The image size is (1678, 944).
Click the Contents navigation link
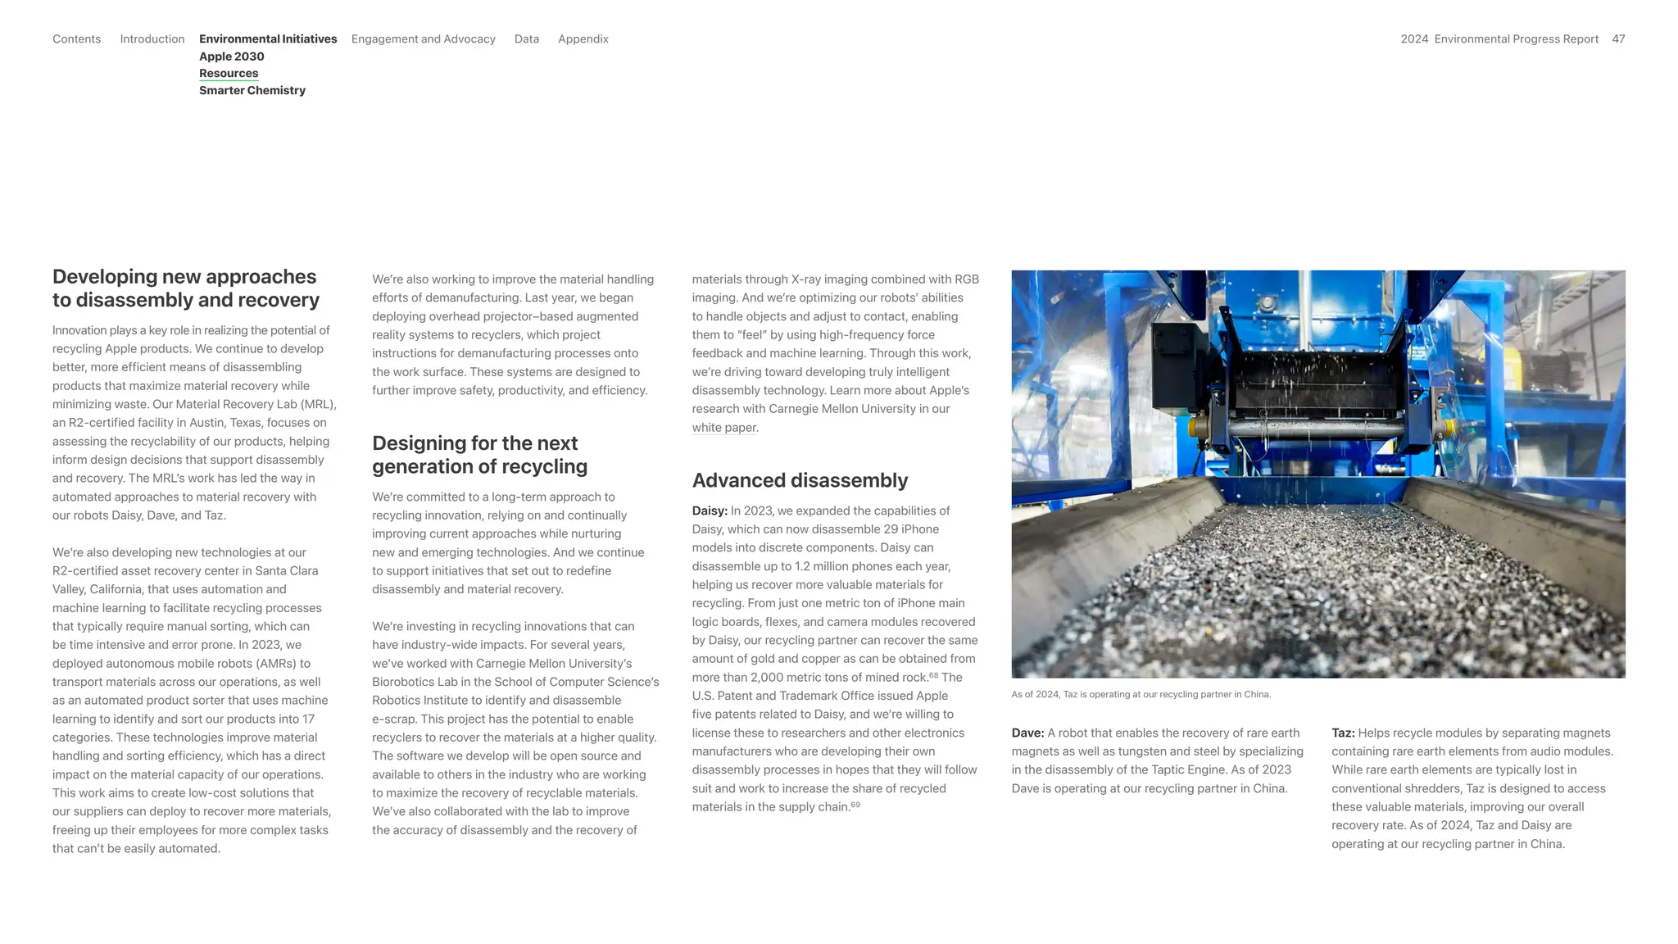tap(76, 39)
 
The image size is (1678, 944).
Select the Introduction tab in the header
tap(152, 39)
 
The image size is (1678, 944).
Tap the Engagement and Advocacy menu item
tap(423, 39)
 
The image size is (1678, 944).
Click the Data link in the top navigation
tap(526, 39)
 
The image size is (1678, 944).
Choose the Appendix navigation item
tap(583, 39)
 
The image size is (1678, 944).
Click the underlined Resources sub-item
tap(229, 73)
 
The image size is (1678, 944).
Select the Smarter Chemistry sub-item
tap(252, 90)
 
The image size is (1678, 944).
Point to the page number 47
tap(1618, 39)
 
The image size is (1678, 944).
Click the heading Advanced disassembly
tap(799, 480)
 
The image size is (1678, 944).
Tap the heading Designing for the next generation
tap(479, 455)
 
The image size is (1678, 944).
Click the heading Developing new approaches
tap(185, 288)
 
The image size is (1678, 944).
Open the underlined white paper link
tap(724, 428)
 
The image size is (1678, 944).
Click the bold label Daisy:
tap(710, 511)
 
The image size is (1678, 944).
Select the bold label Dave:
tap(1027, 733)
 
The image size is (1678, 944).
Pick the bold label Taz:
tap(1342, 733)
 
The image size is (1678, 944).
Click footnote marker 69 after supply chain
tap(855, 805)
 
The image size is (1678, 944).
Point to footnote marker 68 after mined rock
tap(933, 675)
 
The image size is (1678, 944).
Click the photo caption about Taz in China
tap(1141, 694)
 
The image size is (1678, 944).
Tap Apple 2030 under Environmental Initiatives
tap(231, 57)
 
